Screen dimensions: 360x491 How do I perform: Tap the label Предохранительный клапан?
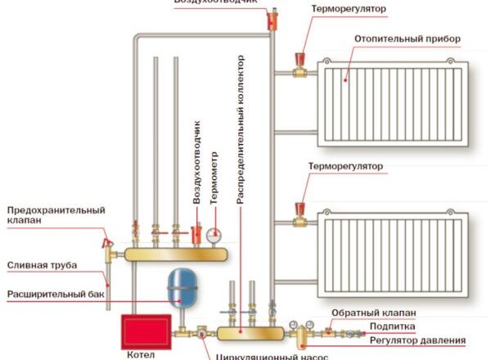tap(55, 215)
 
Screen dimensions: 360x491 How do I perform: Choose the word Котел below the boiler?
tap(141, 355)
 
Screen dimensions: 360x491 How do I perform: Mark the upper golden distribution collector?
tap(175, 254)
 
